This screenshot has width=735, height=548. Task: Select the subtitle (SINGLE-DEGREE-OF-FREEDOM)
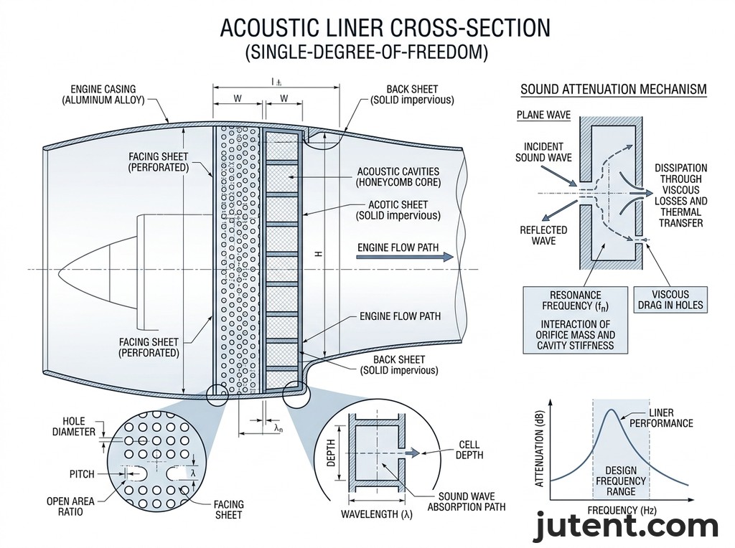[x=366, y=53]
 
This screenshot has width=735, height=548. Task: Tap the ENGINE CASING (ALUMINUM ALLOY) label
[x=103, y=95]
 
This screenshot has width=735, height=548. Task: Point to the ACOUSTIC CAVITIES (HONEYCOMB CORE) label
[x=398, y=177]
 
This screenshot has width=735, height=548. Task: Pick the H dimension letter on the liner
[x=317, y=255]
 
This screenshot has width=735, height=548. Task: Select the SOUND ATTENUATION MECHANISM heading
[x=613, y=90]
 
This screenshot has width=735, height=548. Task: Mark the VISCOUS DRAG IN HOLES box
[x=670, y=300]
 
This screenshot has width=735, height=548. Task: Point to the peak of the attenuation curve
[x=610, y=410]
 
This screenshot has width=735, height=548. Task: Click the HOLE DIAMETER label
[x=74, y=426]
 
